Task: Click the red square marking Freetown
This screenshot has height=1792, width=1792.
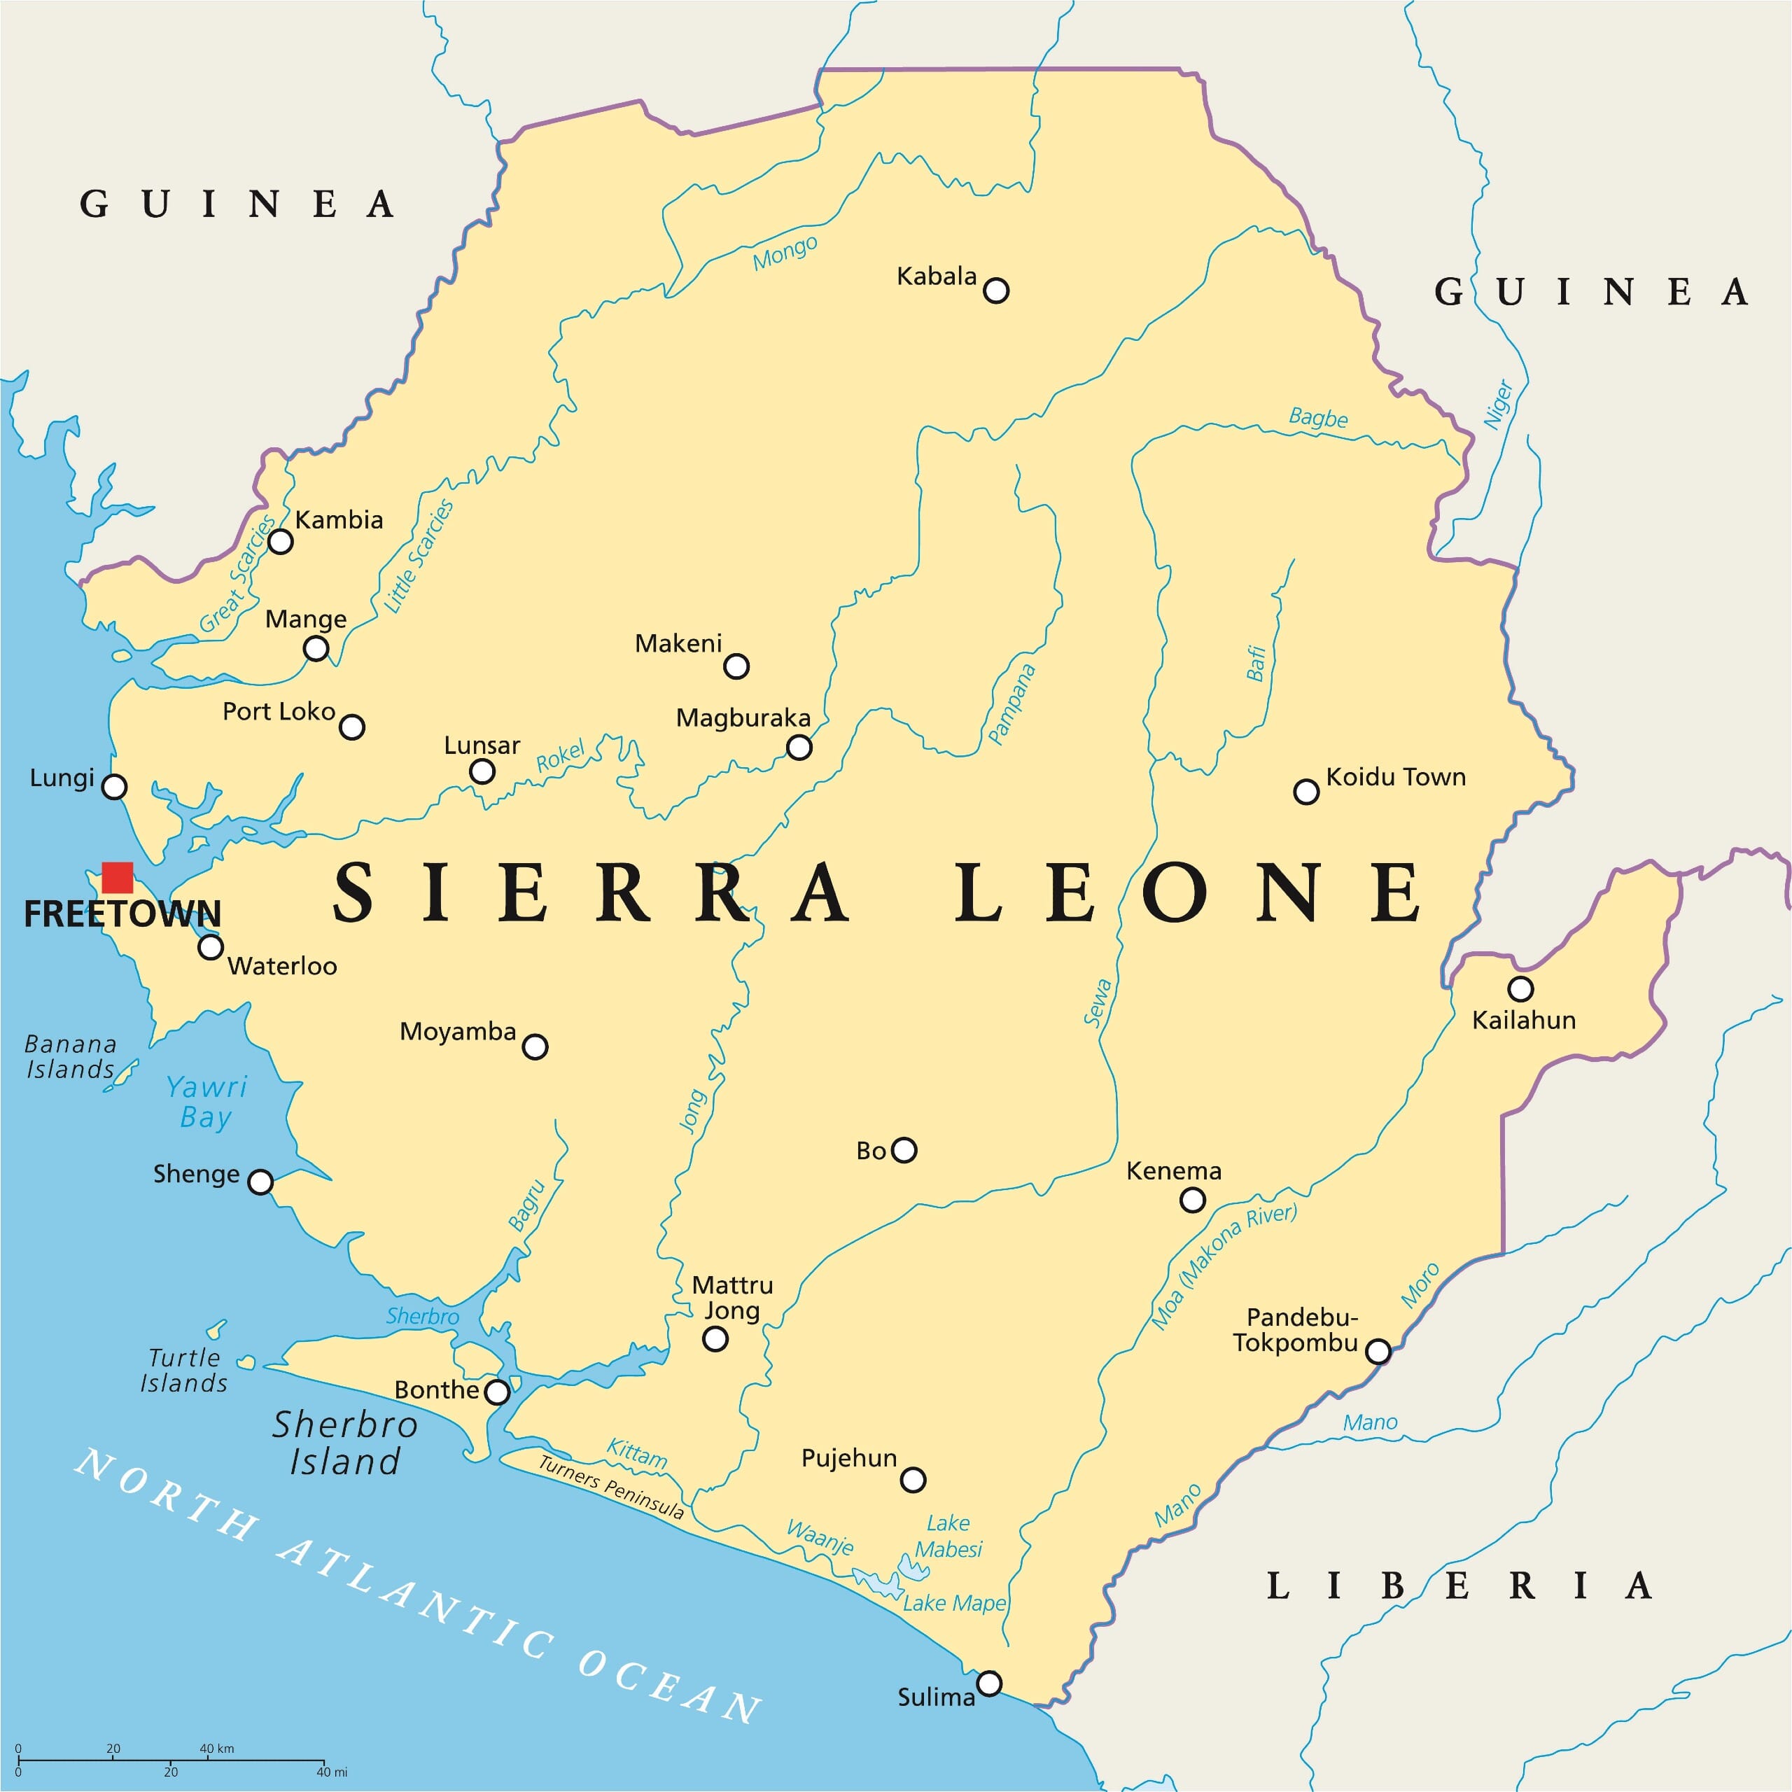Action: click(117, 877)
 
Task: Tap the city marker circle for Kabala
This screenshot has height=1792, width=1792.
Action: click(995, 290)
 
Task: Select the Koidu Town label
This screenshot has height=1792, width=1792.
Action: click(1395, 776)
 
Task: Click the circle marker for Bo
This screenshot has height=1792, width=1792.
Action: click(904, 1150)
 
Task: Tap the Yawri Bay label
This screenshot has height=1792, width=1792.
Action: click(206, 1101)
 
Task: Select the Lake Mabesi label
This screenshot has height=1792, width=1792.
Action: click(948, 1536)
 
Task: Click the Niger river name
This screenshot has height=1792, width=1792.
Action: click(1497, 405)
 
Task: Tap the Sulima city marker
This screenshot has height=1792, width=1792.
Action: click(990, 1683)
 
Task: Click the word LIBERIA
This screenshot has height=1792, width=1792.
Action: click(1459, 1586)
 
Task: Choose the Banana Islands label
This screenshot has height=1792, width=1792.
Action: click(71, 1056)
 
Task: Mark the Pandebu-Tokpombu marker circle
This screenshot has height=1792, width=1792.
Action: click(1378, 1352)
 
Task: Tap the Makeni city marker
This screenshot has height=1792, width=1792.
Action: click(736, 666)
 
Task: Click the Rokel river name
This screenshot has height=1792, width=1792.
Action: click(560, 756)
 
